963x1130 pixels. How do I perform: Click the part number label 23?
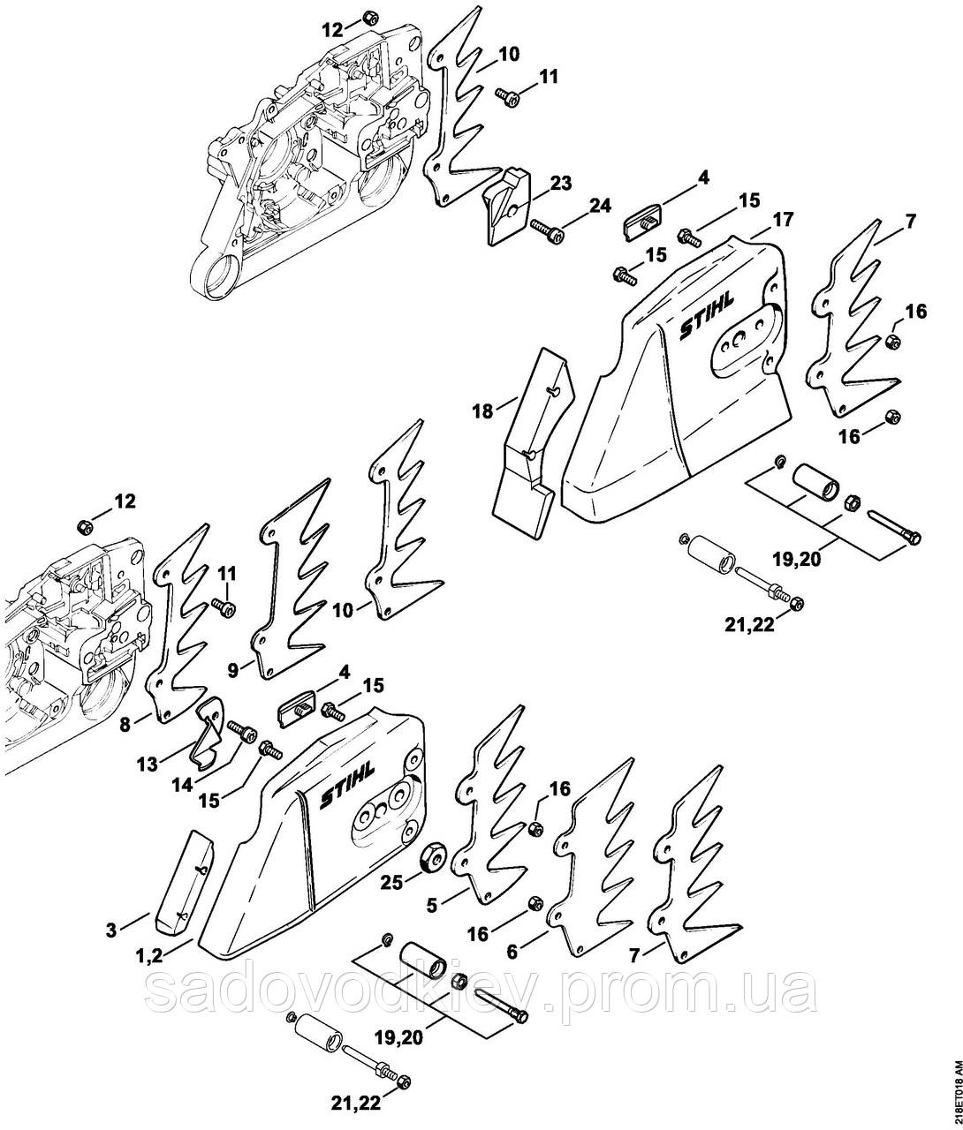pyautogui.click(x=561, y=183)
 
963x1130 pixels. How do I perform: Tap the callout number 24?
pyautogui.click(x=600, y=206)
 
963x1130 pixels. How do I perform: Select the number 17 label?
pyautogui.click(x=783, y=220)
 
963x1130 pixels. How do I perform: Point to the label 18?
pyautogui.click(x=482, y=411)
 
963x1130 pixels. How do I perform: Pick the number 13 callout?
pyautogui.click(x=148, y=765)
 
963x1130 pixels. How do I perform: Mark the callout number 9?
pyautogui.click(x=233, y=670)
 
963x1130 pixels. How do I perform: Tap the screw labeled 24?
pyautogui.click(x=547, y=230)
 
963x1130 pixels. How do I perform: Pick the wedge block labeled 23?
pyautogui.click(x=506, y=205)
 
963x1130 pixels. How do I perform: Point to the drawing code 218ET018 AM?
pyautogui.click(x=957, y=1093)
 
